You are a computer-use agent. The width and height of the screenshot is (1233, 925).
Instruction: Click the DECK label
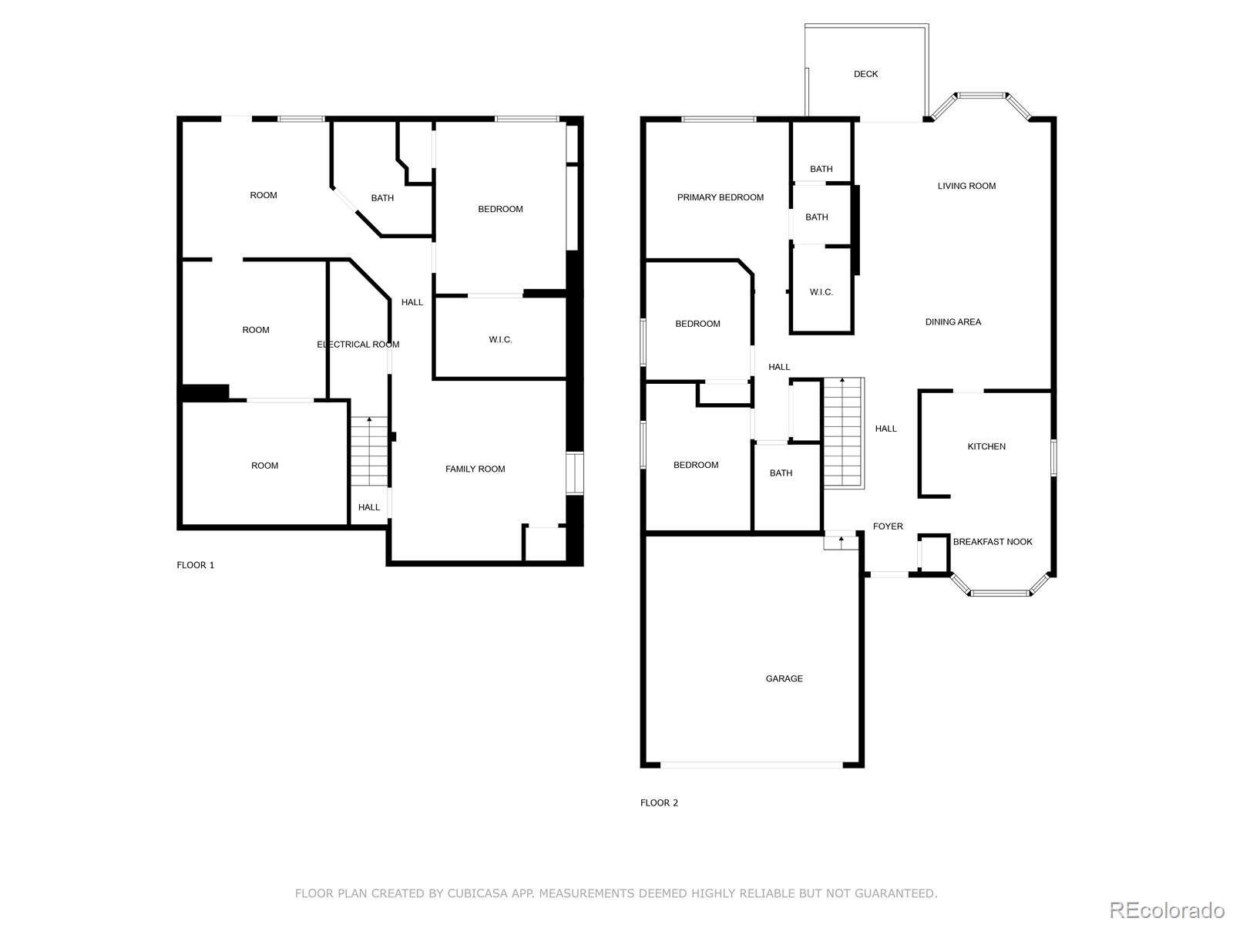tap(865, 74)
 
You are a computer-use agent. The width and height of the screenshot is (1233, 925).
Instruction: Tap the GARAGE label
tap(784, 678)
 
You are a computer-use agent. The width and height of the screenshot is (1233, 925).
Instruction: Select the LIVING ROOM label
tap(966, 186)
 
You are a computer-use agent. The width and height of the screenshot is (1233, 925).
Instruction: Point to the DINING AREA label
tap(952, 322)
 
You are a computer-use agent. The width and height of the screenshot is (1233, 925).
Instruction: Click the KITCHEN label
tap(986, 446)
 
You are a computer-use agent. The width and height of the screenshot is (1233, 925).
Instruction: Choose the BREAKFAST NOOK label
tap(993, 542)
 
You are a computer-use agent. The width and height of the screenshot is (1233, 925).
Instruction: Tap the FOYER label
tap(888, 526)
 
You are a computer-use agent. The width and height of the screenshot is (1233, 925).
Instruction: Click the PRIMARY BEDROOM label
tap(720, 197)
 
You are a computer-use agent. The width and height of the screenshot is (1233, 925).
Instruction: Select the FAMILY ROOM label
tap(475, 469)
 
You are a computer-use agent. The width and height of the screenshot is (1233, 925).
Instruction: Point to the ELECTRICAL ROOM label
tap(358, 345)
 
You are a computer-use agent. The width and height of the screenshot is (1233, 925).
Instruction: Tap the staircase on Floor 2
tap(843, 433)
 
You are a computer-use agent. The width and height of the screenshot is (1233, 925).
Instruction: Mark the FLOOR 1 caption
tap(196, 565)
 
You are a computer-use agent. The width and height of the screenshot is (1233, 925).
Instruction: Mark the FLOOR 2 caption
tap(659, 802)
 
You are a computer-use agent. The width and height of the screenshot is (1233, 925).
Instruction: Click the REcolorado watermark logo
tap(1167, 910)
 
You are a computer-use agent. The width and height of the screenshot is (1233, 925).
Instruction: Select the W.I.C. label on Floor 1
tap(500, 340)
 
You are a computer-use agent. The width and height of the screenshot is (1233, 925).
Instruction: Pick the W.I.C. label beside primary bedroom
tap(821, 292)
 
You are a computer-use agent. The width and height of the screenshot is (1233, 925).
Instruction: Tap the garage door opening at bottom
tap(751, 765)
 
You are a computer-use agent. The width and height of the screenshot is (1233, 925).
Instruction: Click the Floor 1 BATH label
tap(382, 198)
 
